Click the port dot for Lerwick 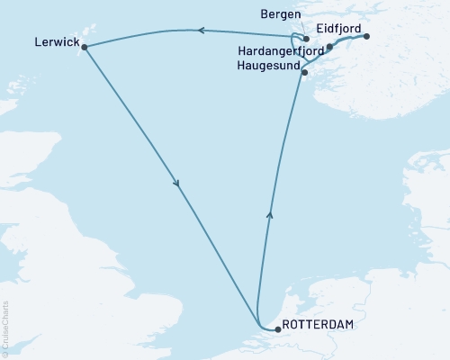click(85, 47)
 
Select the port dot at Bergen click(307, 40)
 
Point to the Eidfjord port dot click(367, 37)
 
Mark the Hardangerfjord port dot click(329, 47)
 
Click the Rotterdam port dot click(277, 329)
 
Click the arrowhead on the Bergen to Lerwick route click(200, 31)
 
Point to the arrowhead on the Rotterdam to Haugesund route click(269, 214)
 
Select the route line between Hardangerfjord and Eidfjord click(348, 40)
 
